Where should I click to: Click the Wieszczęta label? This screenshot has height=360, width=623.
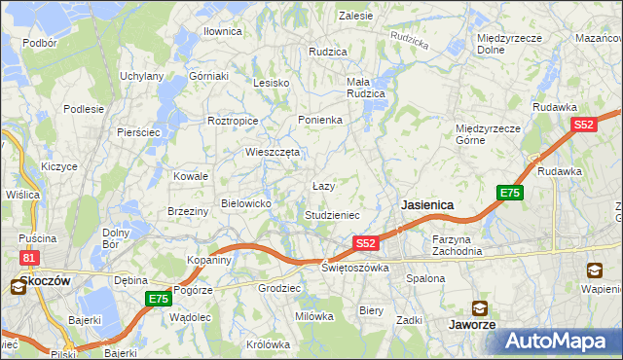(x=272, y=152)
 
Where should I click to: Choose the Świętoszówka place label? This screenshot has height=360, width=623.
(x=355, y=267)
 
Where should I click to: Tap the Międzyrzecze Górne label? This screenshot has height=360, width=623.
(x=488, y=133)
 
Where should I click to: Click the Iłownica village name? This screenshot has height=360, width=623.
(x=222, y=31)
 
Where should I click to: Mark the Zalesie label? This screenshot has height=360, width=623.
(x=355, y=16)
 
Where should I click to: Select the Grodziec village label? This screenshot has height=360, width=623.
(x=277, y=289)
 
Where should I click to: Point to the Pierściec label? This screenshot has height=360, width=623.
(x=137, y=131)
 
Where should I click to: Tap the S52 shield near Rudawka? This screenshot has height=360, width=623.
(x=583, y=125)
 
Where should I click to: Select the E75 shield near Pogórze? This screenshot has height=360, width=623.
(x=159, y=299)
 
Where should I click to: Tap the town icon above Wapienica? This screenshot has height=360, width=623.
(x=594, y=270)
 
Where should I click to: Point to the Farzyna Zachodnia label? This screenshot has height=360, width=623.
(x=458, y=244)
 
